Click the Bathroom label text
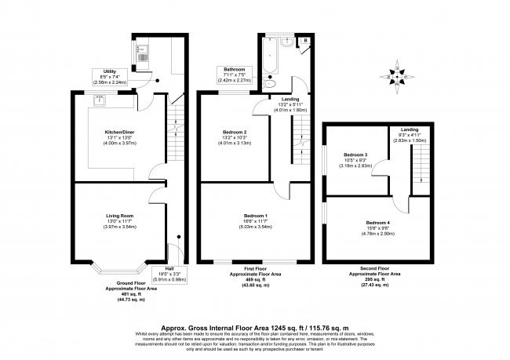pyautogui.click(x=232, y=68)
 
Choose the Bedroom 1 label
pyautogui.click(x=256, y=215)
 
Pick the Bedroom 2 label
pyautogui.click(x=234, y=132)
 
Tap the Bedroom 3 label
pyautogui.click(x=355, y=155)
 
